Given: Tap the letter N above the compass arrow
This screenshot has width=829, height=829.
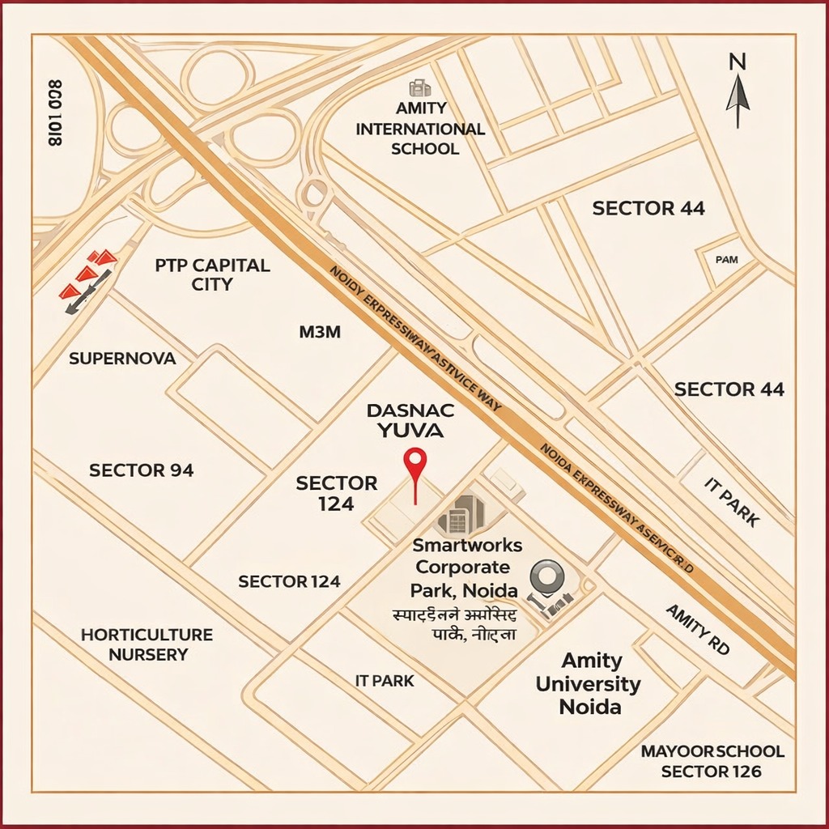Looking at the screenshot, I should (x=737, y=62).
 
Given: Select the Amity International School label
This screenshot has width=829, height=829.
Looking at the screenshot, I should (x=420, y=129).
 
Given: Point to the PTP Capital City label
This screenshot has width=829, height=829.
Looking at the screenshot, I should (x=212, y=274).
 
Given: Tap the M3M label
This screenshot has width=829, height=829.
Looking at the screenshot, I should (x=320, y=332).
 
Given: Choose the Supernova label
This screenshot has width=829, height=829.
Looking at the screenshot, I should (x=122, y=358).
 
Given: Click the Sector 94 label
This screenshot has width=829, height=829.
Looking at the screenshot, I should (x=142, y=470).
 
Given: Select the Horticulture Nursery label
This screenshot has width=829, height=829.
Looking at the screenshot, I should (x=147, y=644).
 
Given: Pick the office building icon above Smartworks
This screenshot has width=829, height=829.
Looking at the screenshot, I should (x=460, y=513).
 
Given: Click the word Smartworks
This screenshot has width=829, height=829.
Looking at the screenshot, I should (x=467, y=545).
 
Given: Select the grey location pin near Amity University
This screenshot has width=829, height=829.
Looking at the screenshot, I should (x=543, y=578).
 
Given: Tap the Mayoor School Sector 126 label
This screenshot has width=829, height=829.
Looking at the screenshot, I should (x=712, y=761).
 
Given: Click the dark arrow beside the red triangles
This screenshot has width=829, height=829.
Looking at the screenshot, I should (x=88, y=291).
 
